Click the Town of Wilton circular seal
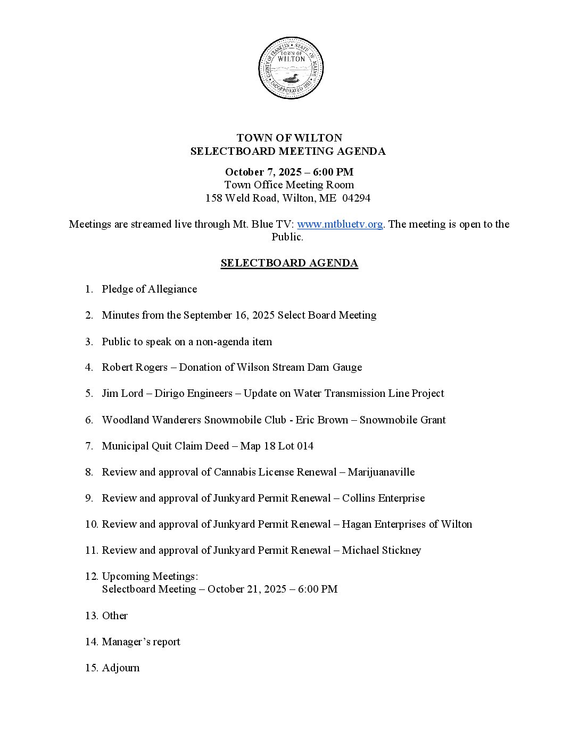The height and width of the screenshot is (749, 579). point(291,68)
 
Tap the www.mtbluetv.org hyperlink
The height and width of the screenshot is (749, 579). point(340,224)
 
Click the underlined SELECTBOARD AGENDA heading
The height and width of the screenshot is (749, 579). point(289,263)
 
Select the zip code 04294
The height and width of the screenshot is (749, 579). point(357,198)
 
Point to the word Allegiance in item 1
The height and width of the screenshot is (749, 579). point(172,289)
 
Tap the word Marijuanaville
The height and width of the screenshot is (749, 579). point(381,472)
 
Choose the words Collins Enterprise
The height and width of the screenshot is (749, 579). point(383,498)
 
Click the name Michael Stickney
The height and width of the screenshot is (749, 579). point(381,550)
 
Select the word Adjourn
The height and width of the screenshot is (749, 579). point(121,668)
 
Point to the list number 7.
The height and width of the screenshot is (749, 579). point(89,446)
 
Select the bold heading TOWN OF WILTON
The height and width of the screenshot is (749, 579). point(289,138)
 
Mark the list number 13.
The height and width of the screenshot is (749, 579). point(91,615)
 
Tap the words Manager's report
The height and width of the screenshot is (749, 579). point(141,642)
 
